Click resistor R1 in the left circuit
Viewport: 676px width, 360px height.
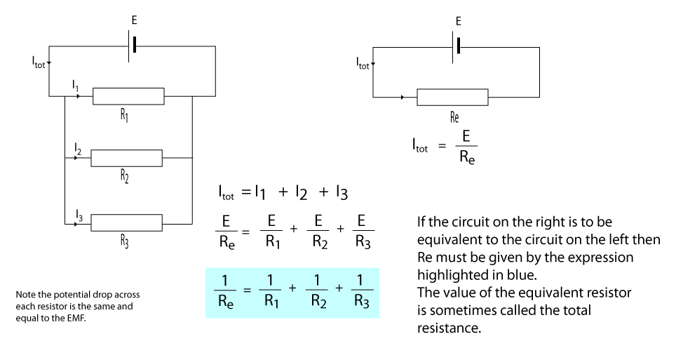pos(128,96)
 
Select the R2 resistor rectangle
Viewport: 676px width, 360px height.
pos(127,158)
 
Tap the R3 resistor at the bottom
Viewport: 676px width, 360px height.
pos(127,224)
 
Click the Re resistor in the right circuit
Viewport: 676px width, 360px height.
pos(452,97)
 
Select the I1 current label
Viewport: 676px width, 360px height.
pos(76,85)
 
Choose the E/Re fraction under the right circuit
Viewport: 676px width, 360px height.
pos(466,145)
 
